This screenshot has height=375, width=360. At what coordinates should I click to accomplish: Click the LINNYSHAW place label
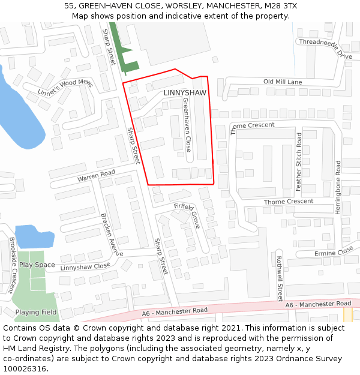click(184, 93)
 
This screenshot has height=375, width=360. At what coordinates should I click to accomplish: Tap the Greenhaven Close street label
click(187, 125)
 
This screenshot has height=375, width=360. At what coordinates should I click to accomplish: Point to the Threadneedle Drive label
click(325, 47)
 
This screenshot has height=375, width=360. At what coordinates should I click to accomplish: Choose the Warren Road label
click(95, 176)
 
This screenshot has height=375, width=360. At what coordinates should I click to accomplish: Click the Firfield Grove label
click(187, 215)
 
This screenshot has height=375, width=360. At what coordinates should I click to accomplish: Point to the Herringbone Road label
click(338, 187)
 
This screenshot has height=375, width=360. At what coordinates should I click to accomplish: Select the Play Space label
click(37, 265)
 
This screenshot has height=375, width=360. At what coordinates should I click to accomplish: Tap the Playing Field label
click(36, 312)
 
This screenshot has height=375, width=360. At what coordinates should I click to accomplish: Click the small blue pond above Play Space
click(34, 236)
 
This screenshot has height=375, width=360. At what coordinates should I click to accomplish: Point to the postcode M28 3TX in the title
click(281, 5)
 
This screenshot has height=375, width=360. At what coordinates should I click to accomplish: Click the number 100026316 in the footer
click(24, 368)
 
